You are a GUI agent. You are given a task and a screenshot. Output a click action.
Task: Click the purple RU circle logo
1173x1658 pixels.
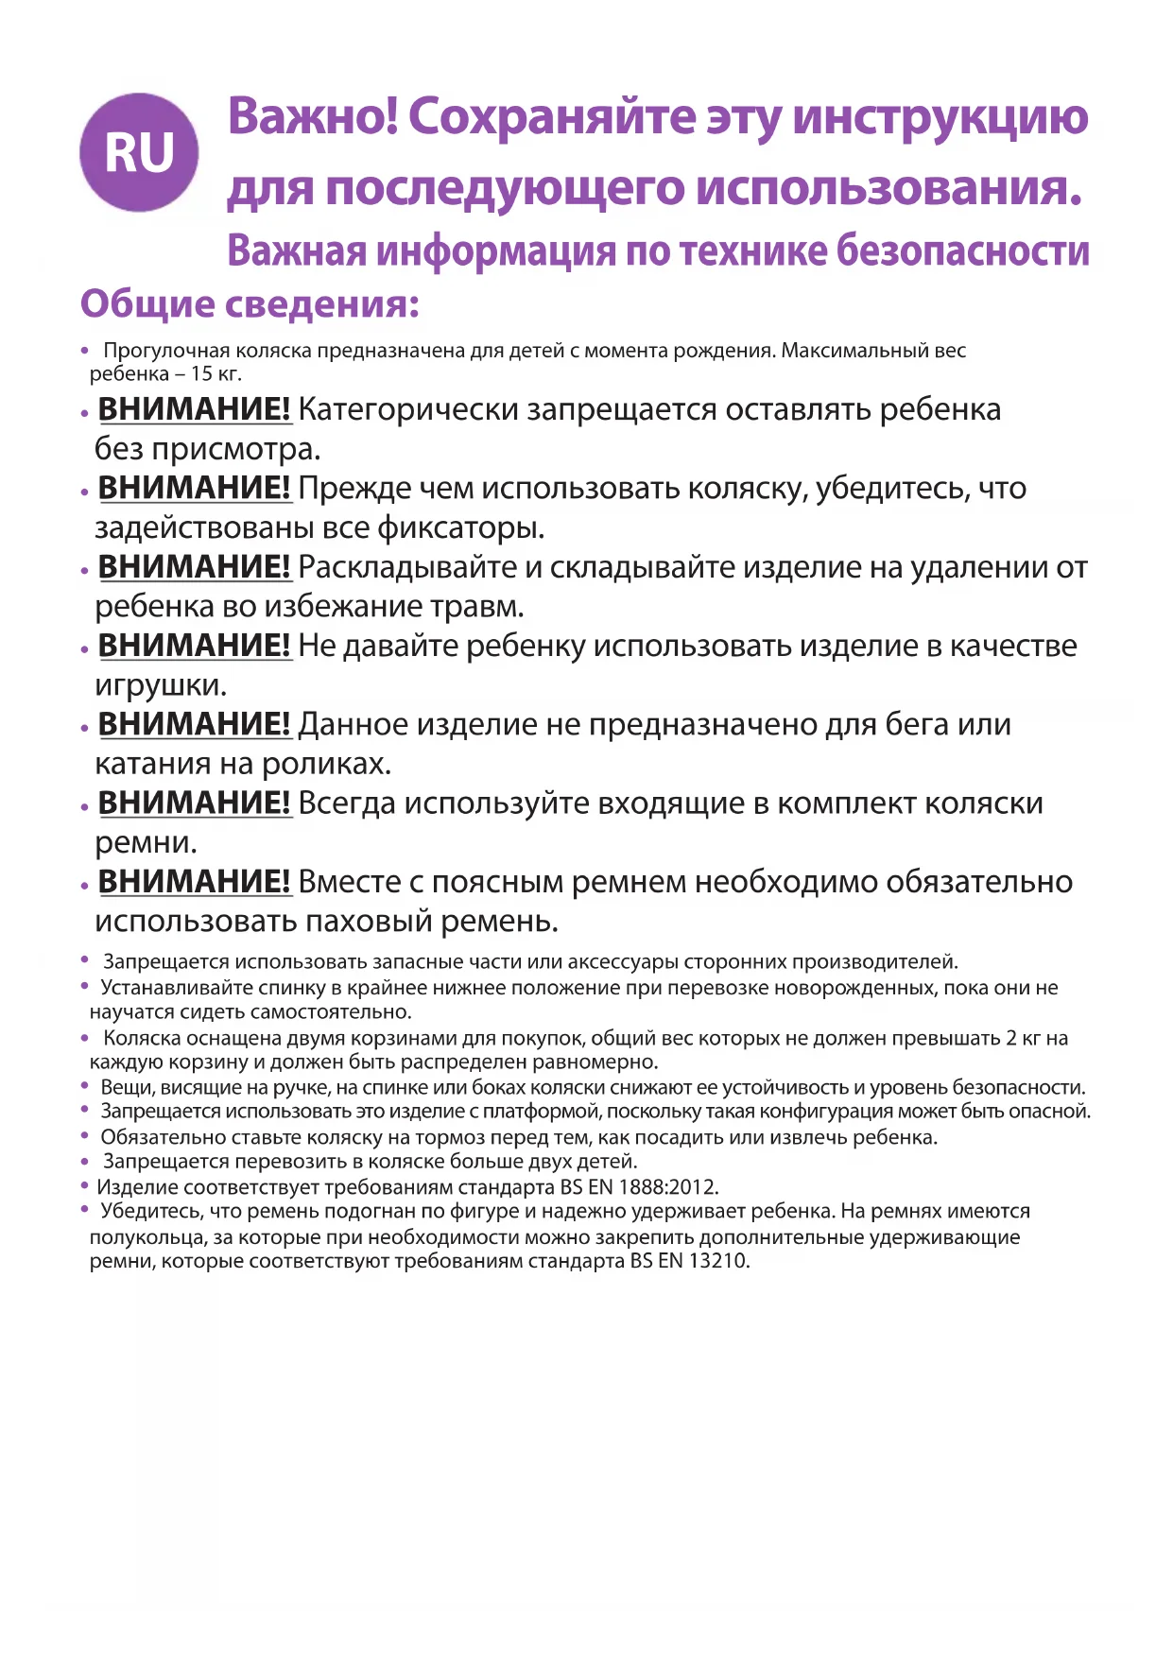pyautogui.click(x=139, y=152)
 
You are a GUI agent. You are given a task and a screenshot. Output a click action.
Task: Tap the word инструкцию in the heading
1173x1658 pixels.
pyautogui.click(x=940, y=117)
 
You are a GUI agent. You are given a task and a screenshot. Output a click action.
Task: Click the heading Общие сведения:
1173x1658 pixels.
pyautogui.click(x=250, y=304)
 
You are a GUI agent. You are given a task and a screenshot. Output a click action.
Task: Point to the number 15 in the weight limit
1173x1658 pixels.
pyautogui.click(x=201, y=373)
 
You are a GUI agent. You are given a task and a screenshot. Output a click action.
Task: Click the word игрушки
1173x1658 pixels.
pyautogui.click(x=159, y=684)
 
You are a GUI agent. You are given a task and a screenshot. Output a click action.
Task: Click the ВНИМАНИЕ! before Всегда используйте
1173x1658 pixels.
pyautogui.click(x=194, y=803)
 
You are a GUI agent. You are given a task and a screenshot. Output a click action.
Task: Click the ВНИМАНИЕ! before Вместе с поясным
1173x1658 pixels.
pyautogui.click(x=194, y=882)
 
